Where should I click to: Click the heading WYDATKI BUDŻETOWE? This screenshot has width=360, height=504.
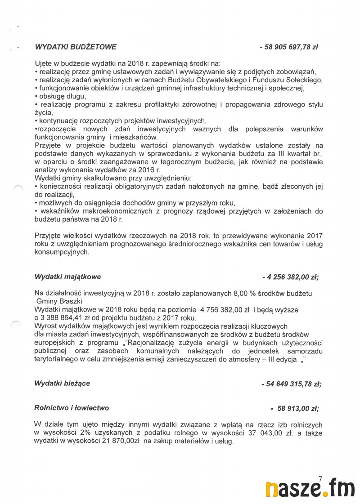click(x=75, y=47)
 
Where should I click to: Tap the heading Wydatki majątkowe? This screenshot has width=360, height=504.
click(x=67, y=277)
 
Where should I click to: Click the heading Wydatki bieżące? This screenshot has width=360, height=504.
click(x=62, y=383)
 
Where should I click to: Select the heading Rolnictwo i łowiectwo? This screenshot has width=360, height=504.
click(x=72, y=408)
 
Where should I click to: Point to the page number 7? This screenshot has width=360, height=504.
click(x=320, y=479)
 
